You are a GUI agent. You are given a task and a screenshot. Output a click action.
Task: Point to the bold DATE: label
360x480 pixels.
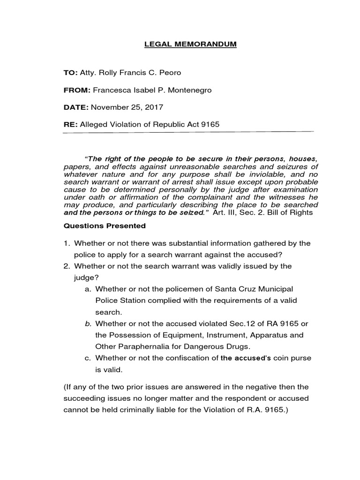coord(76,107)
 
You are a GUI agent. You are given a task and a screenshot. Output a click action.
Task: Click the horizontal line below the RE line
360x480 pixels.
coord(187,133)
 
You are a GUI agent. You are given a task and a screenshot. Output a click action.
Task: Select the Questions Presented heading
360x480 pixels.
coord(105,226)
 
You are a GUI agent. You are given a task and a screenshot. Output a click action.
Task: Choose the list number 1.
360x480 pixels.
coord(67,243)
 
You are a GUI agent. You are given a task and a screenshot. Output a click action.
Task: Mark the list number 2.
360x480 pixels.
coord(67,266)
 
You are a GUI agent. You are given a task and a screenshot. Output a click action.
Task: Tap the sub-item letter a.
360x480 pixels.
coord(88,289)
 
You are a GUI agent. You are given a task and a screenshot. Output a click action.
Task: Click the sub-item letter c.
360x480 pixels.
coord(88,358)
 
